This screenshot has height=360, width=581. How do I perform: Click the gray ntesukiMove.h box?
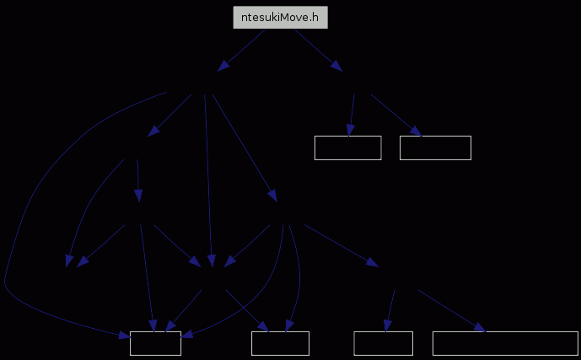point(280,17)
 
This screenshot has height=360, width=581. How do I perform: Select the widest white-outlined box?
point(505,343)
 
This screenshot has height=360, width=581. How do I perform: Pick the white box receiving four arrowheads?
point(155,343)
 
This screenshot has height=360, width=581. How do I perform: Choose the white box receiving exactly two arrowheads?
point(280,343)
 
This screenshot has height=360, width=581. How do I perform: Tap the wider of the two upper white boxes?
point(435,148)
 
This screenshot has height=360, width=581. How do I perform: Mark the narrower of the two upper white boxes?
point(348,148)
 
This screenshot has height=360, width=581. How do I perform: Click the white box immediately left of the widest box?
point(383,343)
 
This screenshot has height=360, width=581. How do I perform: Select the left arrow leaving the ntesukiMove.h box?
point(241,50)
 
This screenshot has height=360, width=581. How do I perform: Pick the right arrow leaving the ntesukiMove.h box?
point(319,50)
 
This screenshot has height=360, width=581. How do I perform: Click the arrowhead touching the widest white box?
point(480,327)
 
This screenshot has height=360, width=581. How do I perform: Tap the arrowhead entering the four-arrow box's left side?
point(125,336)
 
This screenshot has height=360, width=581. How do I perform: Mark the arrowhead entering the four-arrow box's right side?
point(187,335)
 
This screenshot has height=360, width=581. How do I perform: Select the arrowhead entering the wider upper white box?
point(416,132)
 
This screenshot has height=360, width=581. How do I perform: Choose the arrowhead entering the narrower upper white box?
point(350,131)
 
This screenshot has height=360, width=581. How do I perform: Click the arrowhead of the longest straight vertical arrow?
point(211,261)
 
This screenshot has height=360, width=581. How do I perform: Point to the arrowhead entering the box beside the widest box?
point(387,325)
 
